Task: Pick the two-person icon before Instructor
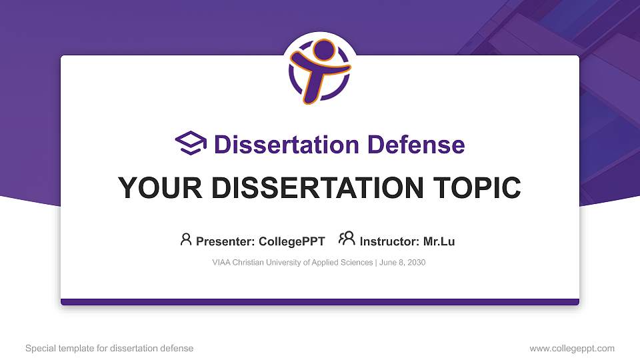[x=347, y=239]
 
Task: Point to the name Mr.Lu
[x=439, y=241]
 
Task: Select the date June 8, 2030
[x=404, y=263]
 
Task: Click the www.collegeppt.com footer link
[x=572, y=348]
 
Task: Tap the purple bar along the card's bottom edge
[x=320, y=302]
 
